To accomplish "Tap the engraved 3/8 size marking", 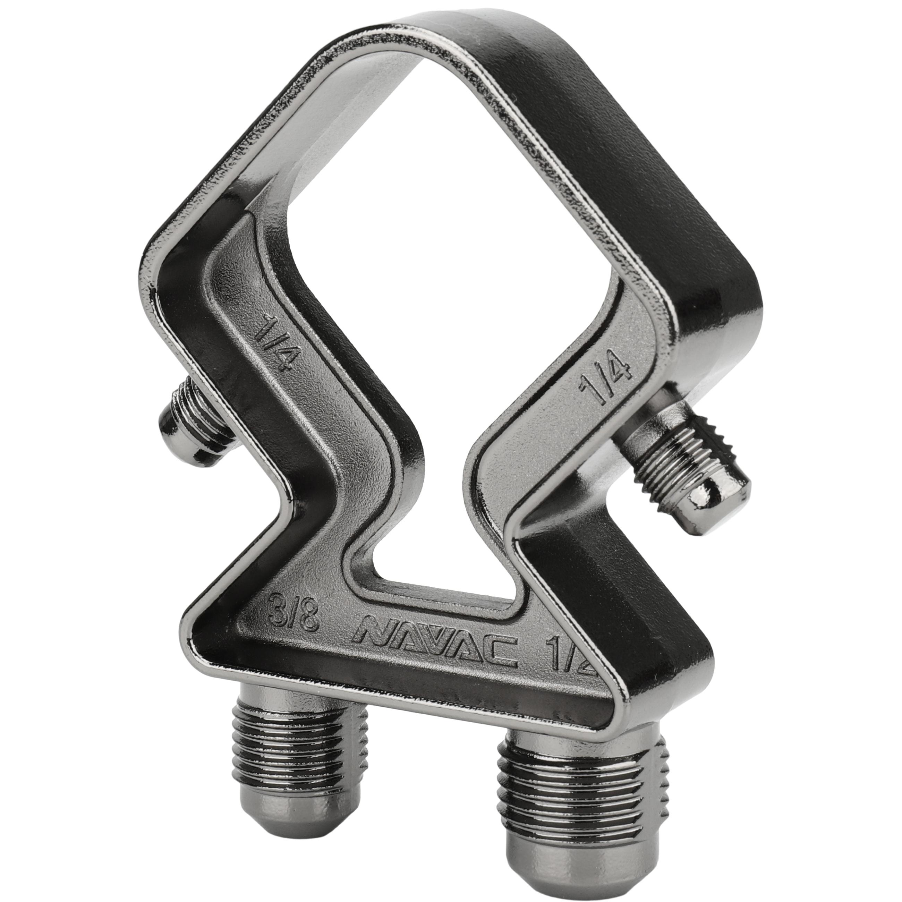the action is pos(296,611).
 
